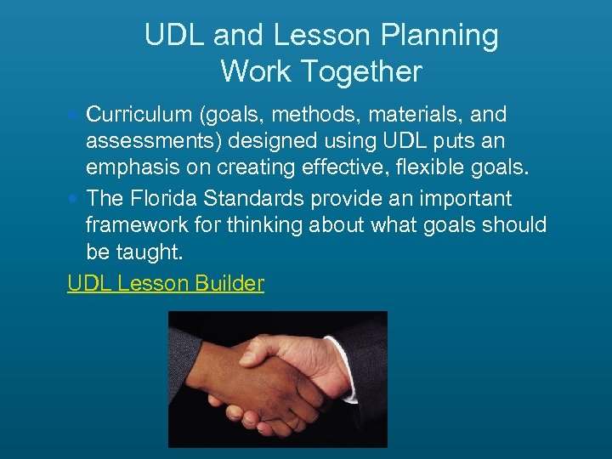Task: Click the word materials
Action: point(422,114)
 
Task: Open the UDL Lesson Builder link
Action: point(166,283)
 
